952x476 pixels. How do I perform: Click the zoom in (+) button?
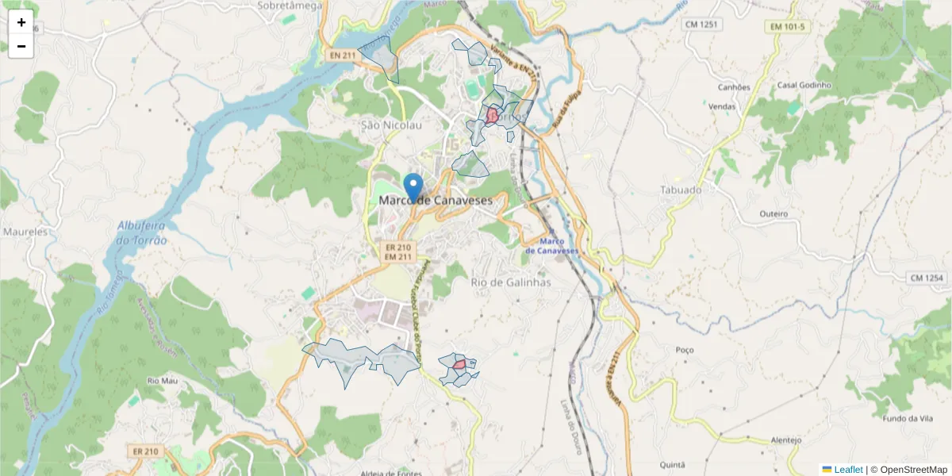(x=21, y=22)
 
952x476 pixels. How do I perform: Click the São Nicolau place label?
(x=391, y=125)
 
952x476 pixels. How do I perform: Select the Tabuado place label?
(x=681, y=190)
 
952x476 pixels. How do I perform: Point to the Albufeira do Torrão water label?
(x=142, y=233)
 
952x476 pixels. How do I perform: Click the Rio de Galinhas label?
(x=510, y=282)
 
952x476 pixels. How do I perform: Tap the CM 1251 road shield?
(x=701, y=25)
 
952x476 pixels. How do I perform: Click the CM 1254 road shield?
(x=927, y=278)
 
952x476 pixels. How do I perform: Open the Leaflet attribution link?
(x=848, y=470)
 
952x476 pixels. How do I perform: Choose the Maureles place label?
(x=26, y=232)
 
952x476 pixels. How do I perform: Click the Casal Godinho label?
(x=804, y=85)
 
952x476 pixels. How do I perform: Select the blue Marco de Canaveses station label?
(x=553, y=246)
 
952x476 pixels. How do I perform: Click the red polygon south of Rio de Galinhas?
(x=459, y=365)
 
